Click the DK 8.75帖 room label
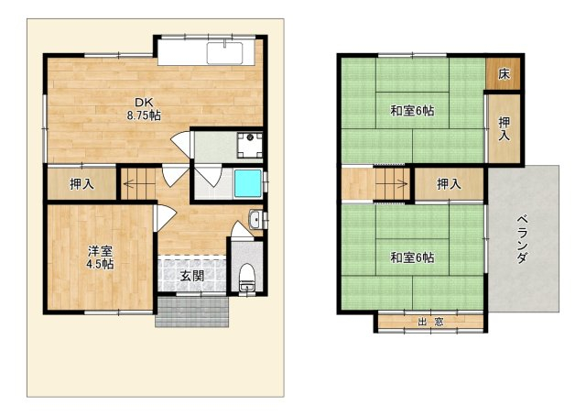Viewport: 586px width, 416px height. (144, 108)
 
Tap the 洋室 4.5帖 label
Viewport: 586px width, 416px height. (100, 257)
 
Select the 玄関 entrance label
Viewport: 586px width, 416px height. (192, 276)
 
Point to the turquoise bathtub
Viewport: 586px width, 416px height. (247, 183)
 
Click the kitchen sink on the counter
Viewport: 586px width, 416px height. (224, 53)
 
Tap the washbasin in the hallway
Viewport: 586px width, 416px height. (255, 219)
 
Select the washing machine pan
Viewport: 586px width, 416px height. (250, 145)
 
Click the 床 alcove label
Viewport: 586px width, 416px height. (504, 74)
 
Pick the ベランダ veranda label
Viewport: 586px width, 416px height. (522, 239)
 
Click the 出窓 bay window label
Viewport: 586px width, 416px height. (430, 322)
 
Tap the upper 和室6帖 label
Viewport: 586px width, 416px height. (412, 111)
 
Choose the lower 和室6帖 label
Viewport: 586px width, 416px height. (412, 257)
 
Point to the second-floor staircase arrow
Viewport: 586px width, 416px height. (392, 183)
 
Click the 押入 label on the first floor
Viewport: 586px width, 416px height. (81, 183)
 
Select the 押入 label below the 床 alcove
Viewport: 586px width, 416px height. (504, 128)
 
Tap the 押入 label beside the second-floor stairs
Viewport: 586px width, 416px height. (449, 183)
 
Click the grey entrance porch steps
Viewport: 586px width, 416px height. (191, 312)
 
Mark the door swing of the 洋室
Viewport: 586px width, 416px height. (165, 218)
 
